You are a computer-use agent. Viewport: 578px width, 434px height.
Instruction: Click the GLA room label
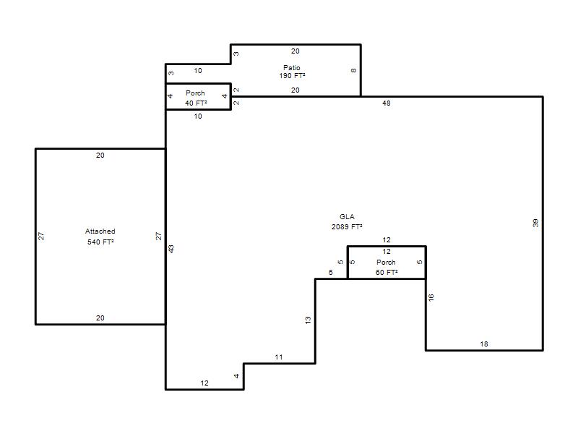(x=347, y=216)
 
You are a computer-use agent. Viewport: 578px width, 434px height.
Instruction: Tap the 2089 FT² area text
(x=347, y=226)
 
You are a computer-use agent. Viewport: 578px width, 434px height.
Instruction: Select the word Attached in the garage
(x=100, y=231)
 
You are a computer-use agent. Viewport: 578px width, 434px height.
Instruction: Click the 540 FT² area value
(x=100, y=242)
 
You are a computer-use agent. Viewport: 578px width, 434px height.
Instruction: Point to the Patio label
(x=292, y=67)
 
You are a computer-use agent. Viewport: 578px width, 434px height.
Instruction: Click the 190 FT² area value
(x=292, y=76)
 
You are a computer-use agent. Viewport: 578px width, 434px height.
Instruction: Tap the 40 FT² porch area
(x=196, y=103)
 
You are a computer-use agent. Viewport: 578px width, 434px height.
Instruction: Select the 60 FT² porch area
(x=387, y=273)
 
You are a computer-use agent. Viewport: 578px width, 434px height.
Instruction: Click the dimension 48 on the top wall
(x=387, y=103)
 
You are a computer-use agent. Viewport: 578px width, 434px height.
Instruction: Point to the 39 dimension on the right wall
(x=535, y=223)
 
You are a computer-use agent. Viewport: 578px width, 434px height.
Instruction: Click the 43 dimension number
(x=171, y=249)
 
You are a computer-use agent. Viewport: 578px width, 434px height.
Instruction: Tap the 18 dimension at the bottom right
(x=484, y=344)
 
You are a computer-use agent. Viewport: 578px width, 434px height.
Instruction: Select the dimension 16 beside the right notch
(x=431, y=297)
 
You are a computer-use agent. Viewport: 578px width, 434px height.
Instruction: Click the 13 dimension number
(x=309, y=320)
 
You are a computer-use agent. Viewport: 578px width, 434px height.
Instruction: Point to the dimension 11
(x=279, y=357)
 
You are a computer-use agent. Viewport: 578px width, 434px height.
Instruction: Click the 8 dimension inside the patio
(x=353, y=70)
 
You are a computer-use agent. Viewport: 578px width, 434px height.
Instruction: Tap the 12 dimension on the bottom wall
(x=204, y=383)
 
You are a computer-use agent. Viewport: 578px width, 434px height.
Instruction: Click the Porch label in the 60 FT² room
(x=386, y=262)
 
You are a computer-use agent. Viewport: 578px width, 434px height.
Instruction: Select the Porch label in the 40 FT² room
(x=195, y=93)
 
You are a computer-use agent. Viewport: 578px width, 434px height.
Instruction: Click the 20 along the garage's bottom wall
(x=100, y=318)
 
